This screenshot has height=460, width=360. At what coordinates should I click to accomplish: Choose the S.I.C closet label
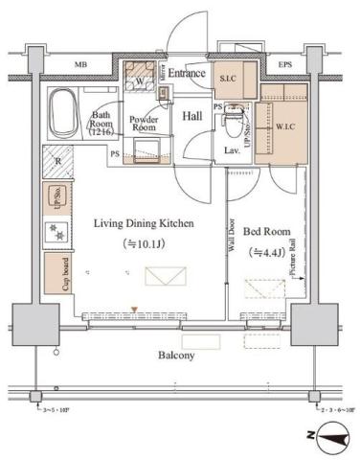229,79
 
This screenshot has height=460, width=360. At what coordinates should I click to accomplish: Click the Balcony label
177,355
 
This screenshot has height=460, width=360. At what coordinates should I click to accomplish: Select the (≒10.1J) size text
144,243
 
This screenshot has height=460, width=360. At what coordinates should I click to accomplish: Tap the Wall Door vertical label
233,233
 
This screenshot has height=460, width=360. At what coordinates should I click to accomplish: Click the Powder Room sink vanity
149,148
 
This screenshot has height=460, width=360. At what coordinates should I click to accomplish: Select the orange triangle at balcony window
135,310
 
